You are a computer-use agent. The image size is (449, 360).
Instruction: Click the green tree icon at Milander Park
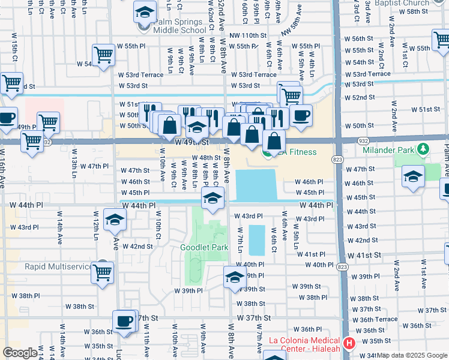coord(424,148)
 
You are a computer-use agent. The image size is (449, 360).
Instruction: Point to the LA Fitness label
coord(297,152)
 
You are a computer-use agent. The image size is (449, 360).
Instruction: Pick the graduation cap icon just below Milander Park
coord(413,176)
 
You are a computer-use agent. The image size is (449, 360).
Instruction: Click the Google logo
coord(20,352)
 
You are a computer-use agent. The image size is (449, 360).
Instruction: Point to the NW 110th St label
coord(252,36)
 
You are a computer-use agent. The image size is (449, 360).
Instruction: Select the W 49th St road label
coord(192,143)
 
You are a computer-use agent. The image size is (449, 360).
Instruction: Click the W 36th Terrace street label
coord(378,320)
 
